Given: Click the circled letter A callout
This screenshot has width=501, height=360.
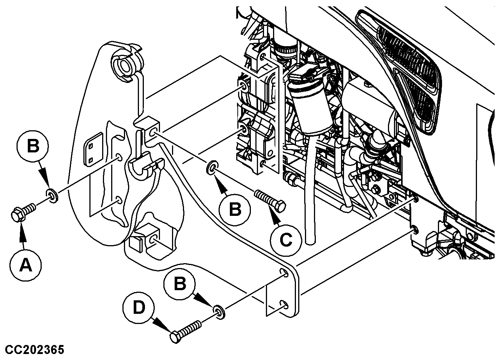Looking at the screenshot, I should [26, 265].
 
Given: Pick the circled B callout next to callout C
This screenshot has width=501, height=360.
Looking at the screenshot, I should [235, 209].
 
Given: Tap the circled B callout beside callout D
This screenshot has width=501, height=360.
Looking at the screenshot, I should [180, 284].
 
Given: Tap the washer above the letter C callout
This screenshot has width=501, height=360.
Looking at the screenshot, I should [213, 168].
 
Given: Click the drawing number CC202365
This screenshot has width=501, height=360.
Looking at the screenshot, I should [35, 350].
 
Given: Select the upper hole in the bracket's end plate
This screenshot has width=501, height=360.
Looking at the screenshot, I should [285, 273].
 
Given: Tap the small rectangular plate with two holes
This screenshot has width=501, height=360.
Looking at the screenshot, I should [92, 149].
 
